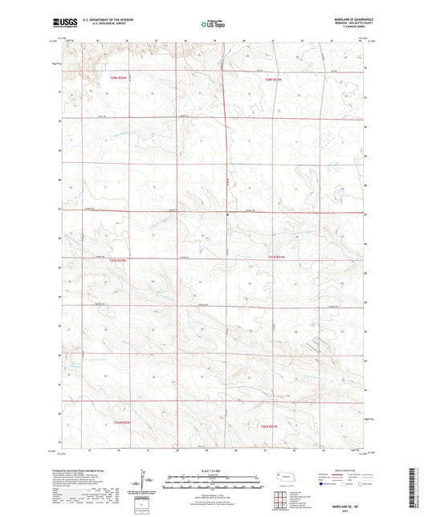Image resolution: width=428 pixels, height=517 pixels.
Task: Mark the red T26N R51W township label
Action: (x=276, y=426)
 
